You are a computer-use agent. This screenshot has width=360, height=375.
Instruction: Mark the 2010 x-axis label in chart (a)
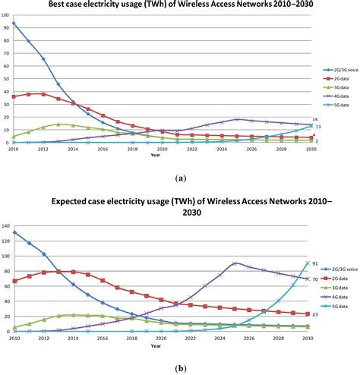(14, 150)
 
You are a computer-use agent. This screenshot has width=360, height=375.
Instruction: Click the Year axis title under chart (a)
(156, 156)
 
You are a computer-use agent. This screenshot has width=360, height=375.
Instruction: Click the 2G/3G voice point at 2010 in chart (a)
(14, 24)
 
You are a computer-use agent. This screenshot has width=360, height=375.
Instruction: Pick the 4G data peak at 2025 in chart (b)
(236, 263)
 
